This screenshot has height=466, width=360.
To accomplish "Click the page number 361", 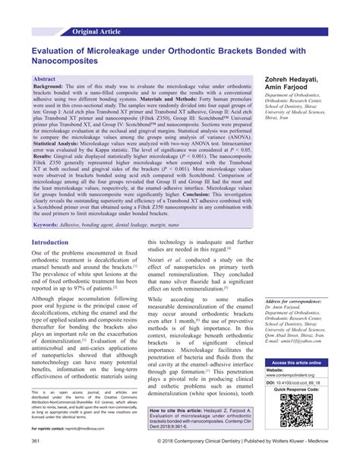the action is [x=35, y=460].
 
